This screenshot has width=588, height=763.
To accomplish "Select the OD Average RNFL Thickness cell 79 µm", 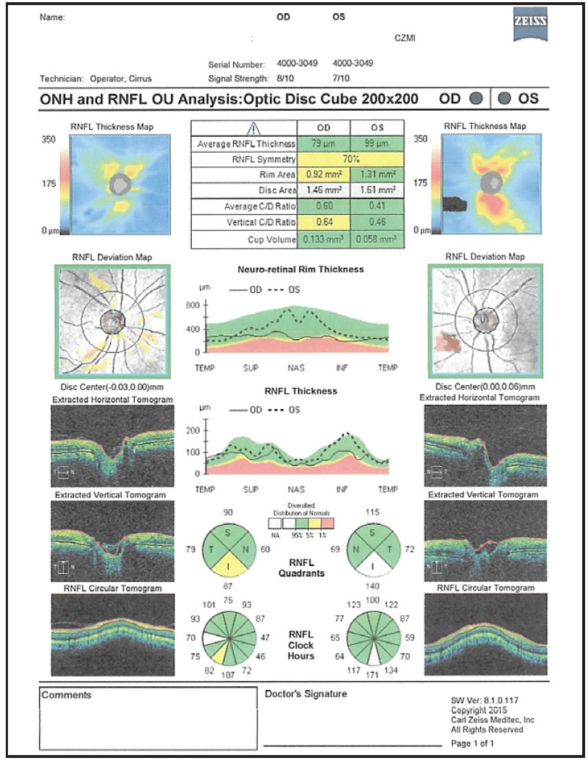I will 324,144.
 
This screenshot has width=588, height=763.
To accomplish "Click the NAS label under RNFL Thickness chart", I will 296,489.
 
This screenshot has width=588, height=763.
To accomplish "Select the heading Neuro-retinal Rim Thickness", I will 301,269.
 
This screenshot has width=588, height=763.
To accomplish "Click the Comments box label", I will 67,695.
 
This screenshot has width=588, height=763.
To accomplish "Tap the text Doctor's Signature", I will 306,694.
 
